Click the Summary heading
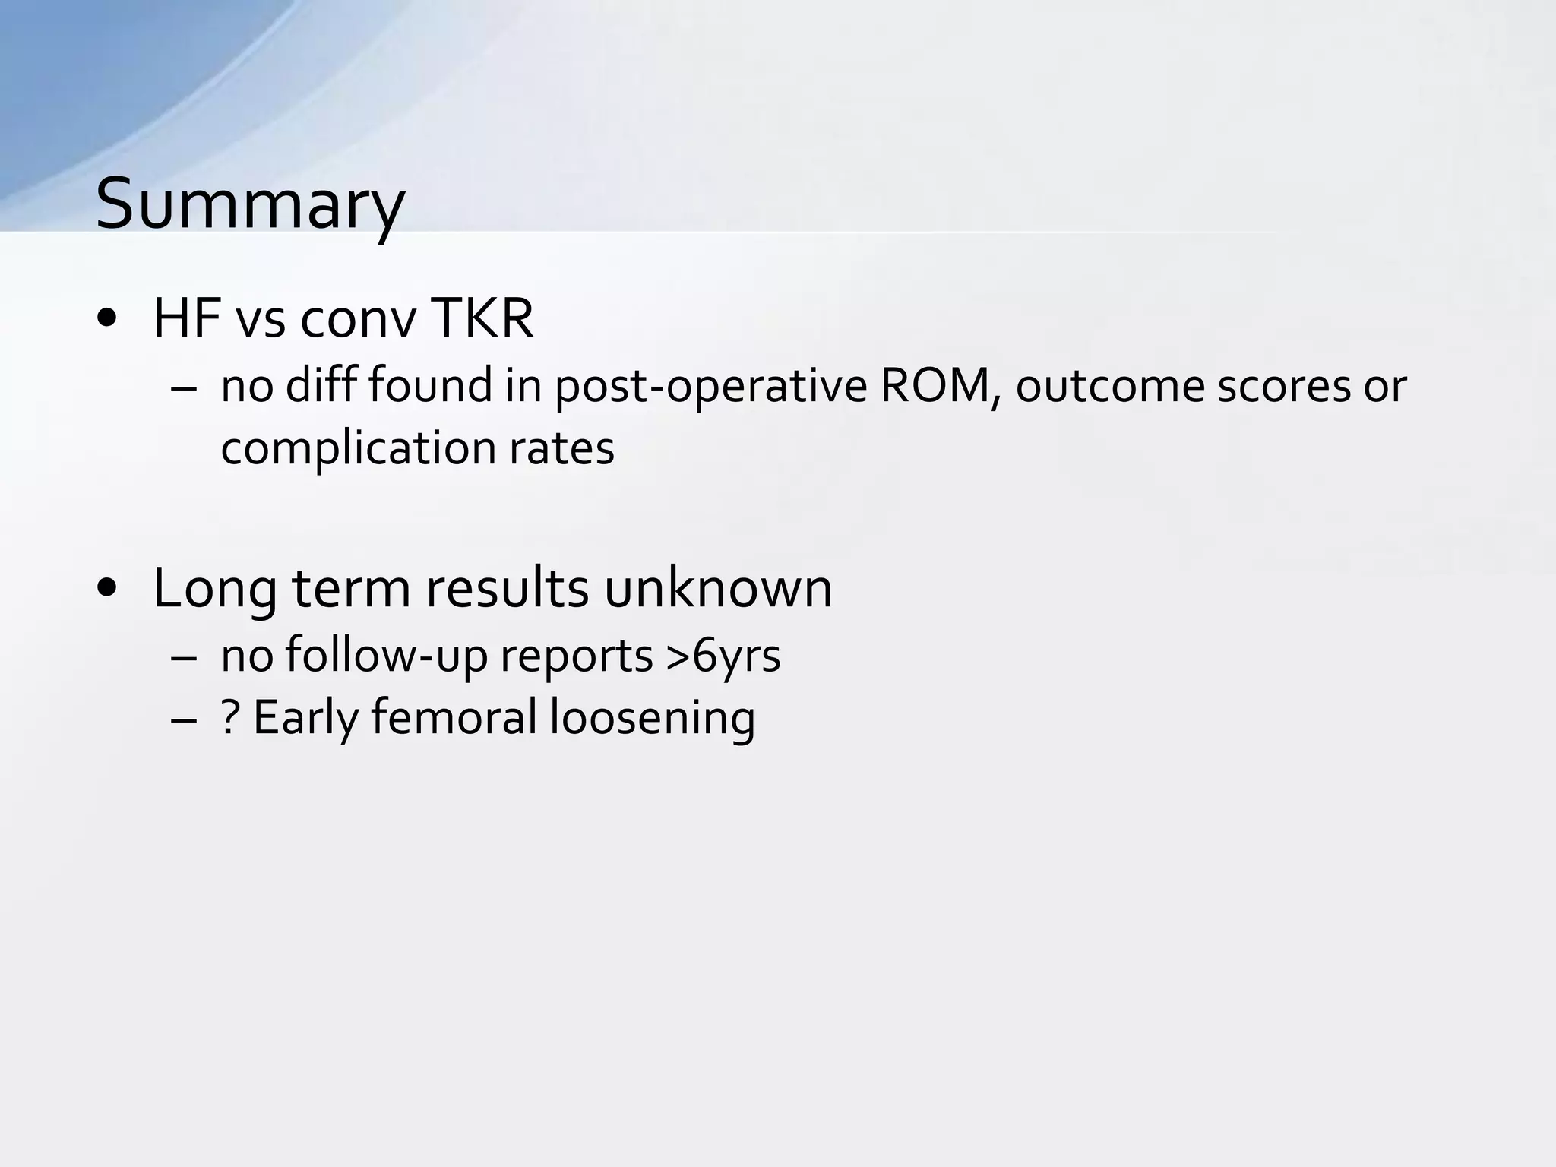click(250, 204)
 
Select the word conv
click(359, 319)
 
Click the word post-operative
click(710, 386)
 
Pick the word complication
click(357, 448)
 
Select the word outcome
click(1110, 386)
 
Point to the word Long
click(213, 589)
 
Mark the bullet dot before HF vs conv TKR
click(107, 319)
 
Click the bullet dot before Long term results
click(107, 588)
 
